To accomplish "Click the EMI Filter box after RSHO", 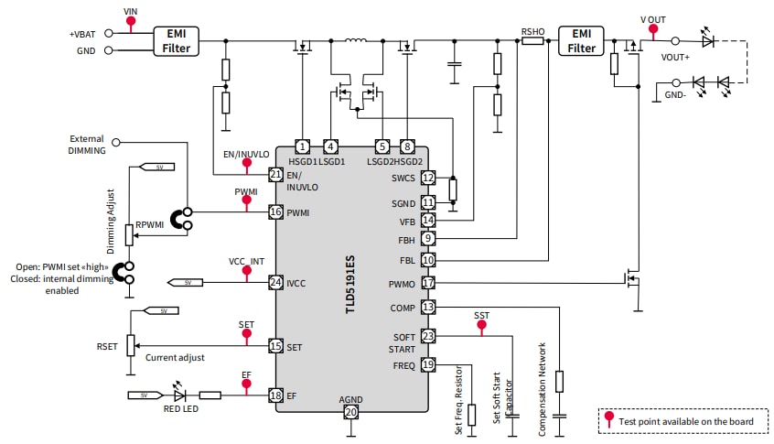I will pos(581,40).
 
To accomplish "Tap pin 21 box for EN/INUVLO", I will pos(274,174).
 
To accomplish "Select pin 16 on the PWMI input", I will pos(274,211).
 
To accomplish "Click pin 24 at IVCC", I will pos(274,283).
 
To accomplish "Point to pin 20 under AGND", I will pos(350,413).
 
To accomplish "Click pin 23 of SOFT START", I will pos(427,336).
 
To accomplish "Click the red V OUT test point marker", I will pos(652,29).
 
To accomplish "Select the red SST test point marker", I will pos(481,326).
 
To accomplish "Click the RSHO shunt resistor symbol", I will pos(532,41).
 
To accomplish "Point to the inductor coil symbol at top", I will pos(355,41).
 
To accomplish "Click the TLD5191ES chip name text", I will pos(350,284).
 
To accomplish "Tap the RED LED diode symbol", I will pos(179,395).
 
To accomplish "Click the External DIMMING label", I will pos(87,144).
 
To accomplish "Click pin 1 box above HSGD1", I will pos(302,146).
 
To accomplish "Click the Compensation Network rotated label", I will pos(543,389).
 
